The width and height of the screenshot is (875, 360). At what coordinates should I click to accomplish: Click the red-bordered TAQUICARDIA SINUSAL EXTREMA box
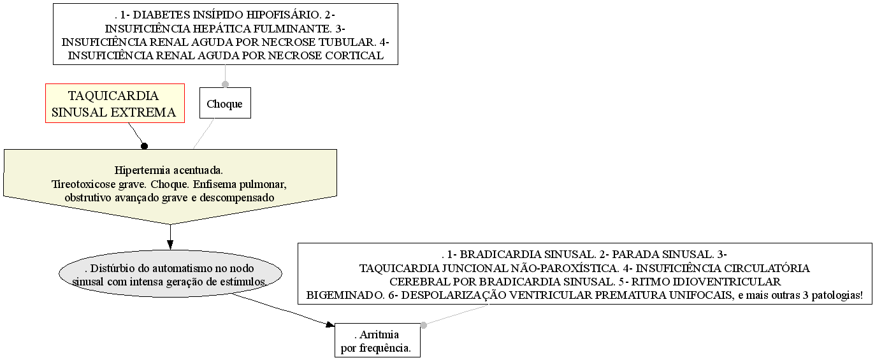(115, 103)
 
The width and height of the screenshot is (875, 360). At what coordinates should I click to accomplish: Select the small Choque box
(225, 103)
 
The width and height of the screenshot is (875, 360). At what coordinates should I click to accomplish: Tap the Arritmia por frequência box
(377, 340)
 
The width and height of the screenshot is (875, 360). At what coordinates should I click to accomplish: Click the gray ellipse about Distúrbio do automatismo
(170, 273)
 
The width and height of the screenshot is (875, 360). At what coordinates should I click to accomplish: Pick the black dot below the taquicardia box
(144, 147)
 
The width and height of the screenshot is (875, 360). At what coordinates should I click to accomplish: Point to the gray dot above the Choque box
(225, 84)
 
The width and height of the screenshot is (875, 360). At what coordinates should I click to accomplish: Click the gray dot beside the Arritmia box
(423, 325)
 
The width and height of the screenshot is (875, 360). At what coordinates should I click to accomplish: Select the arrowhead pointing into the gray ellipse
(170, 245)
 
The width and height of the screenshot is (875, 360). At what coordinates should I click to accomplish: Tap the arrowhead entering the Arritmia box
(330, 324)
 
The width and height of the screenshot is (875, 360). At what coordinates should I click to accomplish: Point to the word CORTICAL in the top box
(354, 55)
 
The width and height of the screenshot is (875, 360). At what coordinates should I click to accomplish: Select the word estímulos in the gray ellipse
(246, 282)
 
